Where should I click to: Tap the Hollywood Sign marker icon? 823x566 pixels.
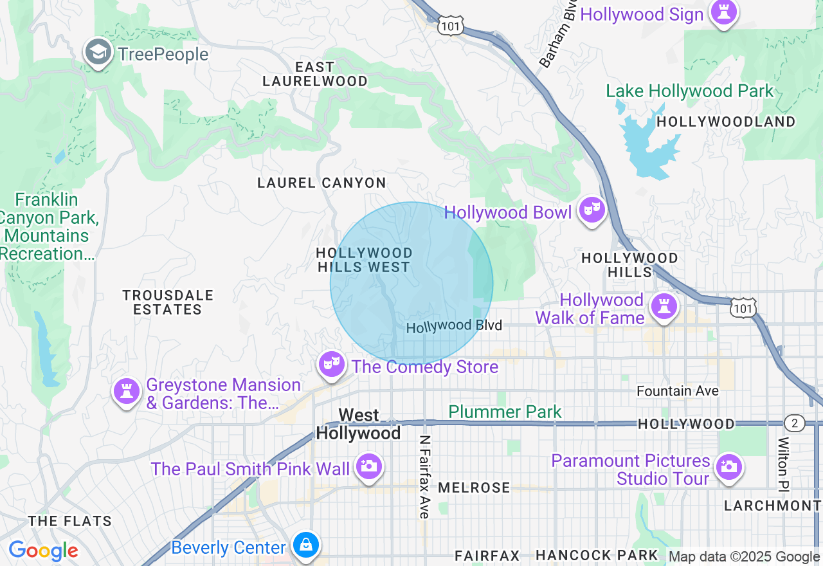point(723,12)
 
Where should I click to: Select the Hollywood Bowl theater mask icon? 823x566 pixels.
point(591,210)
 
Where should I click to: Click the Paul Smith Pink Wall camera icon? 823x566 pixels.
point(368,466)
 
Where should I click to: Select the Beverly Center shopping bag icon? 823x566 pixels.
point(305,546)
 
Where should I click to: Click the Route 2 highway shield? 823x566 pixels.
point(795,423)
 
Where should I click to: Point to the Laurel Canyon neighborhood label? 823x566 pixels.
point(321,183)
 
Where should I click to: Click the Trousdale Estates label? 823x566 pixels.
point(167,302)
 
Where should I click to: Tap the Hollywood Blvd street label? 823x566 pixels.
point(454,326)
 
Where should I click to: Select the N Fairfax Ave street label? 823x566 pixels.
point(424,477)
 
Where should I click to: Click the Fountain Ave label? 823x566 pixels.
point(678,391)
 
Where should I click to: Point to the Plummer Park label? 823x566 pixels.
point(505,412)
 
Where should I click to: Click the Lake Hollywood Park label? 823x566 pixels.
point(690,91)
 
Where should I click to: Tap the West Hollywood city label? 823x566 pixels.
point(358,424)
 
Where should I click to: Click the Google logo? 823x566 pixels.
point(43,551)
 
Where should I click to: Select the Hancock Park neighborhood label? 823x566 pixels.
point(597,554)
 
